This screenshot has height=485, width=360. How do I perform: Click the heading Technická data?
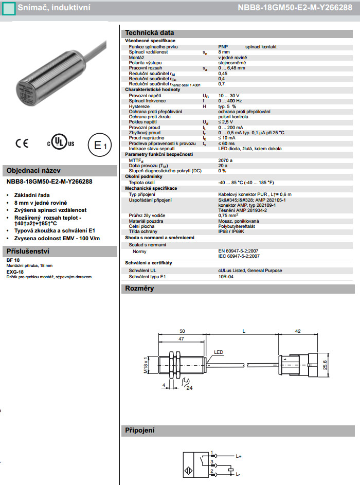[150, 32]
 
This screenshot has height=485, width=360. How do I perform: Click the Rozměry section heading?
[140, 289]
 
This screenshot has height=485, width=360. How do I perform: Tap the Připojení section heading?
[140, 430]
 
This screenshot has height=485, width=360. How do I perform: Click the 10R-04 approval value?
[226, 276]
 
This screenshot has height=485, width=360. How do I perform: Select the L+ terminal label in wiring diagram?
[239, 456]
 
